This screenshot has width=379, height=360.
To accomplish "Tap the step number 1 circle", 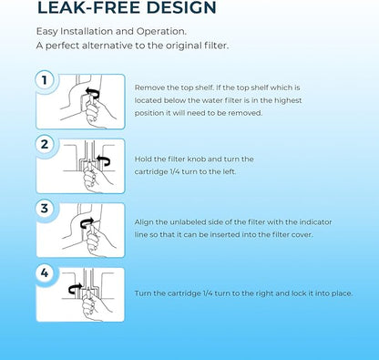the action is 45,80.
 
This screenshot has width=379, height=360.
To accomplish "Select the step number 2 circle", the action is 45,144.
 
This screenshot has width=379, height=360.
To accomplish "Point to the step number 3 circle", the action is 45,209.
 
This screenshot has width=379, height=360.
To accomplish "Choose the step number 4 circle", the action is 45,273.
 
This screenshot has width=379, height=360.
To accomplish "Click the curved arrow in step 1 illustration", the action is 91,91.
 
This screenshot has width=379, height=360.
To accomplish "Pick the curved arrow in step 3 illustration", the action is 87,222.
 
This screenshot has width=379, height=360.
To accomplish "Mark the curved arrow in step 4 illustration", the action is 76,287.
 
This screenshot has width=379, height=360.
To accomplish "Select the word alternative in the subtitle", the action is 113,46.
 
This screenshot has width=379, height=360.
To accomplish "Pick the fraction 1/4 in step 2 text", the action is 173,171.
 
